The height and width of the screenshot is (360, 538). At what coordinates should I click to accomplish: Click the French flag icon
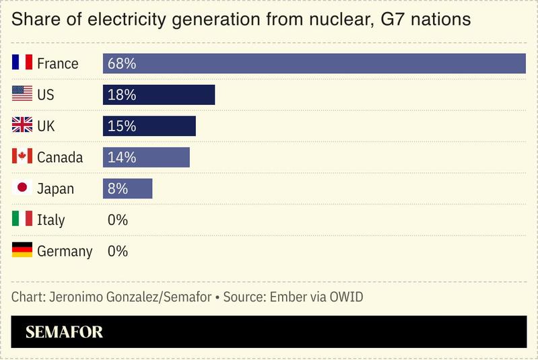click(22, 63)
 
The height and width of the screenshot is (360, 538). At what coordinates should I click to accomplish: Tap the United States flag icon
click(22, 95)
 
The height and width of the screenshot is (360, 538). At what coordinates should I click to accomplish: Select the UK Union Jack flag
click(22, 126)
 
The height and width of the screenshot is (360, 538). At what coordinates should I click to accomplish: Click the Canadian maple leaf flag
click(22, 157)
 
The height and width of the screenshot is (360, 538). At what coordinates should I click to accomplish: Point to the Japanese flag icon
click(22, 188)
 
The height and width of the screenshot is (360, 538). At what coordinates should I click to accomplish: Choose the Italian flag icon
click(22, 219)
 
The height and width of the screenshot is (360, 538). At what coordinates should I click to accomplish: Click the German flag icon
click(22, 251)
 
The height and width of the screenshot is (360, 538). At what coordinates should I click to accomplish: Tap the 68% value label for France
click(122, 64)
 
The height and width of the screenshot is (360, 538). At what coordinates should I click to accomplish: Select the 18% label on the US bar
click(122, 95)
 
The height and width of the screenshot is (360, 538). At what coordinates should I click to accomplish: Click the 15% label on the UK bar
click(122, 126)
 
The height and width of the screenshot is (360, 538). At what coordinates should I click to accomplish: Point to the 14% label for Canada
click(122, 157)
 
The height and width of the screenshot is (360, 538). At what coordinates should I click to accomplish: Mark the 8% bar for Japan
click(127, 188)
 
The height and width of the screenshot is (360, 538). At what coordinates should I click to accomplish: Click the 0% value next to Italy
click(118, 220)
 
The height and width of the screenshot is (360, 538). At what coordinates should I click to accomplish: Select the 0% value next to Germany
click(118, 251)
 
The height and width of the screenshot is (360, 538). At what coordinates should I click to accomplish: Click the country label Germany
click(65, 252)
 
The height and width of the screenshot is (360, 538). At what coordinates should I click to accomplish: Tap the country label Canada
click(60, 157)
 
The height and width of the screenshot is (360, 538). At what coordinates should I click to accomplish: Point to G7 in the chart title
click(394, 20)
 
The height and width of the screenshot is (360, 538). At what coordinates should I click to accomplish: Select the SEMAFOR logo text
click(64, 332)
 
